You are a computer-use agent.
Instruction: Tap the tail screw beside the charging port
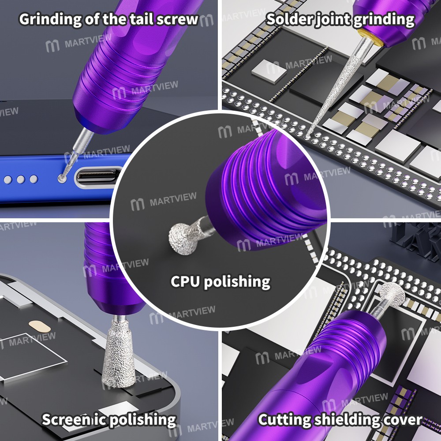click(x=63, y=179)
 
